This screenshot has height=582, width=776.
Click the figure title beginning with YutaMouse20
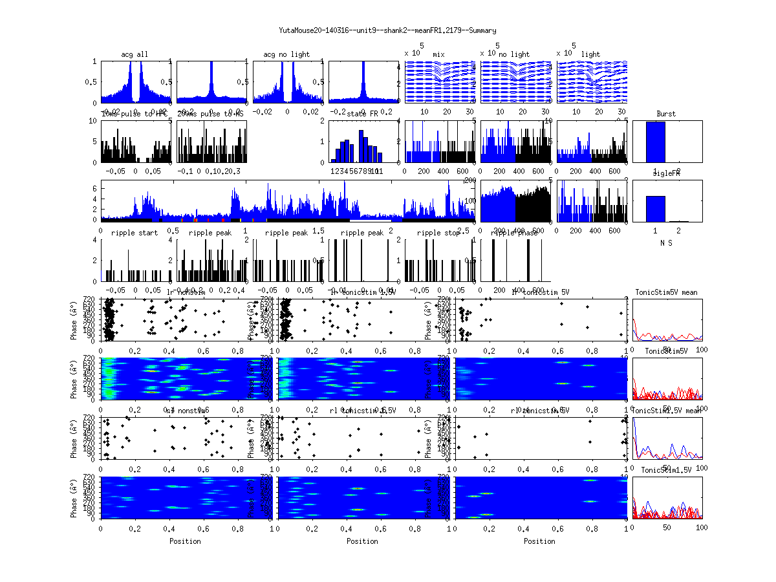click(x=387, y=30)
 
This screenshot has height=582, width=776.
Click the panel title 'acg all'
click(x=135, y=54)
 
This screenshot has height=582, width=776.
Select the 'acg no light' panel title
click(x=286, y=54)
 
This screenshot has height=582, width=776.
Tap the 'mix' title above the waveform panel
click(x=438, y=54)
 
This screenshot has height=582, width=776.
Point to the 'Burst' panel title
click(x=666, y=114)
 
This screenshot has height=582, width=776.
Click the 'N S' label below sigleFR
click(x=666, y=243)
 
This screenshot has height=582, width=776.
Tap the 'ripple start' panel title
click(x=135, y=233)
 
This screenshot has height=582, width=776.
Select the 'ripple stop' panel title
click(x=438, y=233)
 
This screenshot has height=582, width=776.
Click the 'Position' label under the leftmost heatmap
click(x=185, y=541)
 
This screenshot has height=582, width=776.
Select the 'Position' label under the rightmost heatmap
click(x=540, y=541)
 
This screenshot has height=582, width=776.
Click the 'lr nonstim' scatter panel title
click(x=186, y=292)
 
